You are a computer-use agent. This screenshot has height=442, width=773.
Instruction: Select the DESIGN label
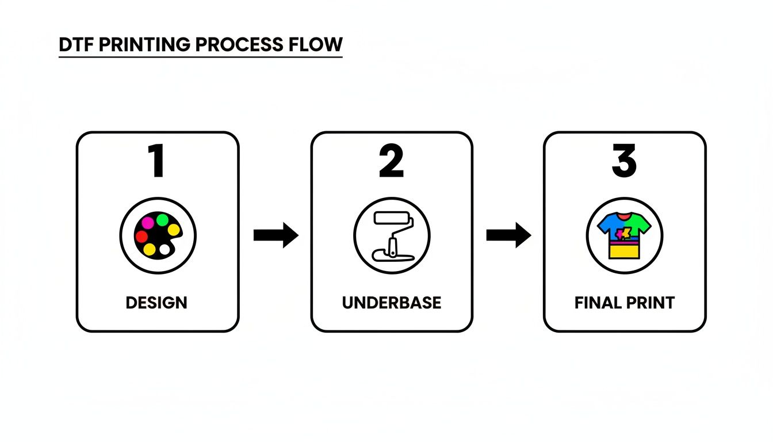click(156, 303)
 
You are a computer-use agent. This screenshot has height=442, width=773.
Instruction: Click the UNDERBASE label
click(392, 303)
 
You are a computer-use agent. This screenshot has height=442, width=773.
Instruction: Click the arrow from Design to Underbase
click(275, 235)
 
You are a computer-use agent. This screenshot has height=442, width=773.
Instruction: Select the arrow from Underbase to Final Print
click(508, 235)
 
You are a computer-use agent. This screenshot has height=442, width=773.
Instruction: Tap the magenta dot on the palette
click(148, 222)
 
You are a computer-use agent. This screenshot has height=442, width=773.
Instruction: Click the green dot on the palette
click(162, 219)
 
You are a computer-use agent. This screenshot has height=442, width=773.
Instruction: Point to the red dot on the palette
click(141, 236)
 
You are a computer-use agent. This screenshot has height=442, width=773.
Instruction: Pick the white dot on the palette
click(165, 250)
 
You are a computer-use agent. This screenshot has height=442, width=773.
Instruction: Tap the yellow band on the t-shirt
click(625, 252)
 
